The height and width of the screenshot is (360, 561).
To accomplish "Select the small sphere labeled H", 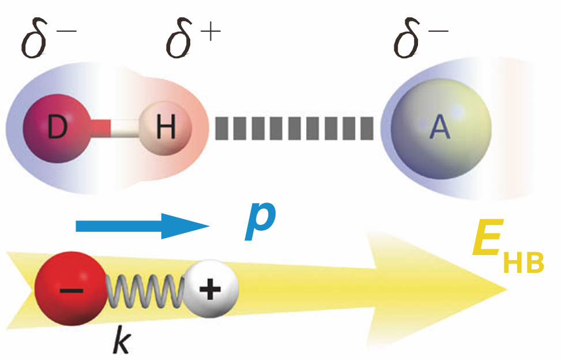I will click(x=165, y=127).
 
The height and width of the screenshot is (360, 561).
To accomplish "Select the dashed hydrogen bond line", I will click(x=293, y=128).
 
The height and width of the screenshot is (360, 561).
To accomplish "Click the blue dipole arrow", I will click(x=141, y=226).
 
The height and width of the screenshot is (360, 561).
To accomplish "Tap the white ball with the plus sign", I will click(x=210, y=288).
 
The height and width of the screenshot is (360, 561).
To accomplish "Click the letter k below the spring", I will click(x=123, y=340).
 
